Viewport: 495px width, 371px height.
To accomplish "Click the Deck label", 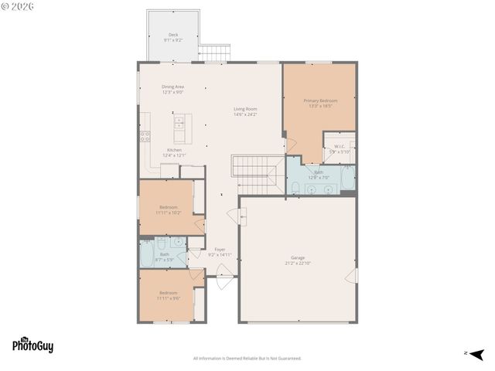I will (173, 36).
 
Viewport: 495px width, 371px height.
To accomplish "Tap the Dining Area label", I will (172, 89).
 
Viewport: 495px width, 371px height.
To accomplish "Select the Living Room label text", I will (245, 111).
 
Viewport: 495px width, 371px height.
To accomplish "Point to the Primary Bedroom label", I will (319, 103).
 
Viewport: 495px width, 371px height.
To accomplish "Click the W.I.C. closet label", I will (340, 149).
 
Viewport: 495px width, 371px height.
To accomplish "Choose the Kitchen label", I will (174, 152).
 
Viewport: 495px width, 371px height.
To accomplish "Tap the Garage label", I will (298, 260).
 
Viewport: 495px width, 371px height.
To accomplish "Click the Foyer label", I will (220, 251).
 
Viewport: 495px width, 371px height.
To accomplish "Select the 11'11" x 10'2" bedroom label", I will (169, 209).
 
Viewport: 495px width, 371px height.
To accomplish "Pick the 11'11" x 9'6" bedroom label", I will (169, 294).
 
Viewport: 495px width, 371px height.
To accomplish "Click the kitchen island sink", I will (179, 121).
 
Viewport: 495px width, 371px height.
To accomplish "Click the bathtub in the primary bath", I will (348, 178).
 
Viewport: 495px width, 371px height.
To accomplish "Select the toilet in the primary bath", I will (296, 187).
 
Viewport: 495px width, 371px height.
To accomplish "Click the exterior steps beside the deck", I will (214, 53).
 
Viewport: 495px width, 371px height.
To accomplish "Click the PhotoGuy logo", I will (32, 345).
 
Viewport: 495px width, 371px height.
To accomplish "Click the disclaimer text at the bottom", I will (247, 358).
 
